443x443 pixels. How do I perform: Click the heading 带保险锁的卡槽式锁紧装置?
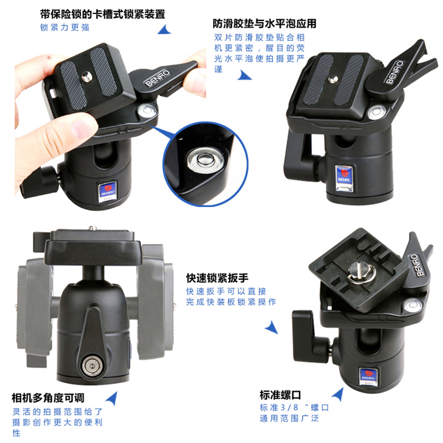tap(102, 14)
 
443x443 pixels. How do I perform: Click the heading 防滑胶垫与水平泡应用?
tap(265, 24)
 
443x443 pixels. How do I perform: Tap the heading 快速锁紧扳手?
tap(217, 278)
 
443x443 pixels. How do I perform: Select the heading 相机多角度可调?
tap(48, 398)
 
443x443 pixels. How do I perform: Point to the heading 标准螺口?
tap(280, 395)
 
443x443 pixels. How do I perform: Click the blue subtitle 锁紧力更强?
tap(65, 27)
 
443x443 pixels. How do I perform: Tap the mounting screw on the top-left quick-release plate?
tap(86, 76)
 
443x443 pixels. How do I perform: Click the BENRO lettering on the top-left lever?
tap(157, 78)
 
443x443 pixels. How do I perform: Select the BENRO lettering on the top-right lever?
tap(394, 72)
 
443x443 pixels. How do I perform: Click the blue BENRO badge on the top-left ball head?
tap(107, 192)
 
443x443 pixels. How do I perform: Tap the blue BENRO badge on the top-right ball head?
tap(344, 178)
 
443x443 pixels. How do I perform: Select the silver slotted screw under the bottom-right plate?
tap(362, 271)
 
